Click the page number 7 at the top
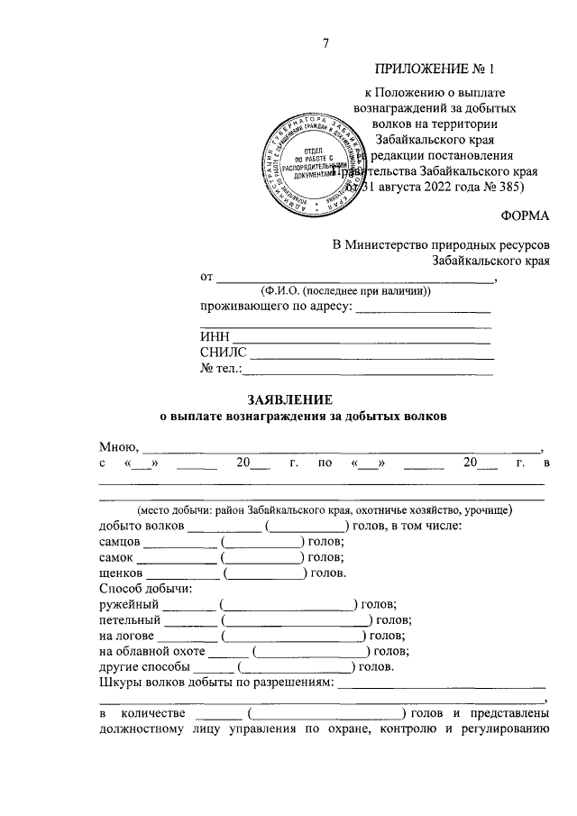tap(326, 43)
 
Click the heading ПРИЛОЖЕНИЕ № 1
tap(435, 69)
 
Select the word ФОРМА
tap(524, 215)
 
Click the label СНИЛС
tap(223, 353)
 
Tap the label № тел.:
tap(220, 368)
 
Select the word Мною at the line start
tap(117, 446)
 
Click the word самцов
tap(119, 541)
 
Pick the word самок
tap(116, 557)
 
